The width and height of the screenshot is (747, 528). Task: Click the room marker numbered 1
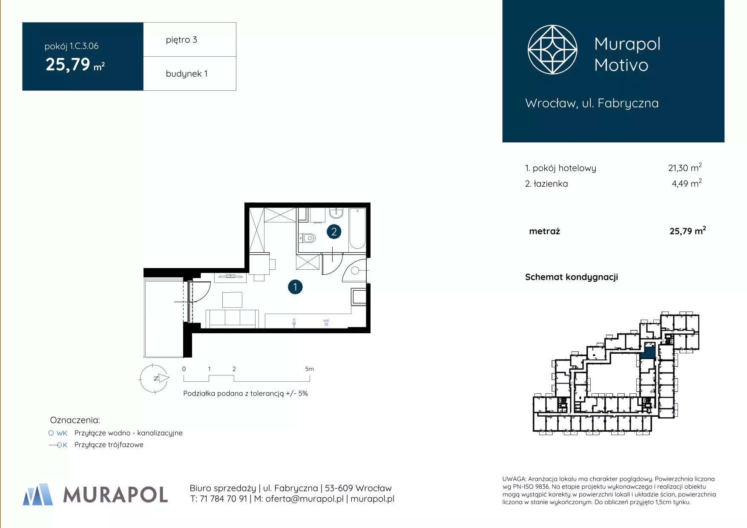(295, 287)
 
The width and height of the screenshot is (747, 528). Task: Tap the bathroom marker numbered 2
(334, 232)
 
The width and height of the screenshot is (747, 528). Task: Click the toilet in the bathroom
(307, 238)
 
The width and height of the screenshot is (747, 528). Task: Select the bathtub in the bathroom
(357, 228)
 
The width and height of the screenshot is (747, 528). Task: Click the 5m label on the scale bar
(310, 369)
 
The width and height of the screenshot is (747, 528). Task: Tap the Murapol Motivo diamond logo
(552, 49)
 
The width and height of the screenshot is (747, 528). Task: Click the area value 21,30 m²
(685, 167)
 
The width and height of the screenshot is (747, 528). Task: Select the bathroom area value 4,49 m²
(687, 183)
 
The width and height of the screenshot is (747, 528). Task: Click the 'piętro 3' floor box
(190, 39)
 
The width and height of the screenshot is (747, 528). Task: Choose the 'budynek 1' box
(190, 73)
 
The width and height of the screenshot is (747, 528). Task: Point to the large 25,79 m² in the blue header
(75, 65)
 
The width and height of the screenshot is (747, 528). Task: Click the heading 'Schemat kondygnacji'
(572, 277)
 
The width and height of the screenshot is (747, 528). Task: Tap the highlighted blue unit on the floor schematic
(649, 352)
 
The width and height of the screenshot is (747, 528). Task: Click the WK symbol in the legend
(57, 433)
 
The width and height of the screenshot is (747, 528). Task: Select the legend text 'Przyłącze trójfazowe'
(109, 444)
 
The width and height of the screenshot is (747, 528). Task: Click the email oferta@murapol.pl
(305, 499)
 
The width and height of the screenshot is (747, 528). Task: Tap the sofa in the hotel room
(233, 319)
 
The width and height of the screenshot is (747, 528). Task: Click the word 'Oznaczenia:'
(75, 420)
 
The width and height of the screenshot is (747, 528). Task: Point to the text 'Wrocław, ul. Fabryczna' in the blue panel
(592, 104)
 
